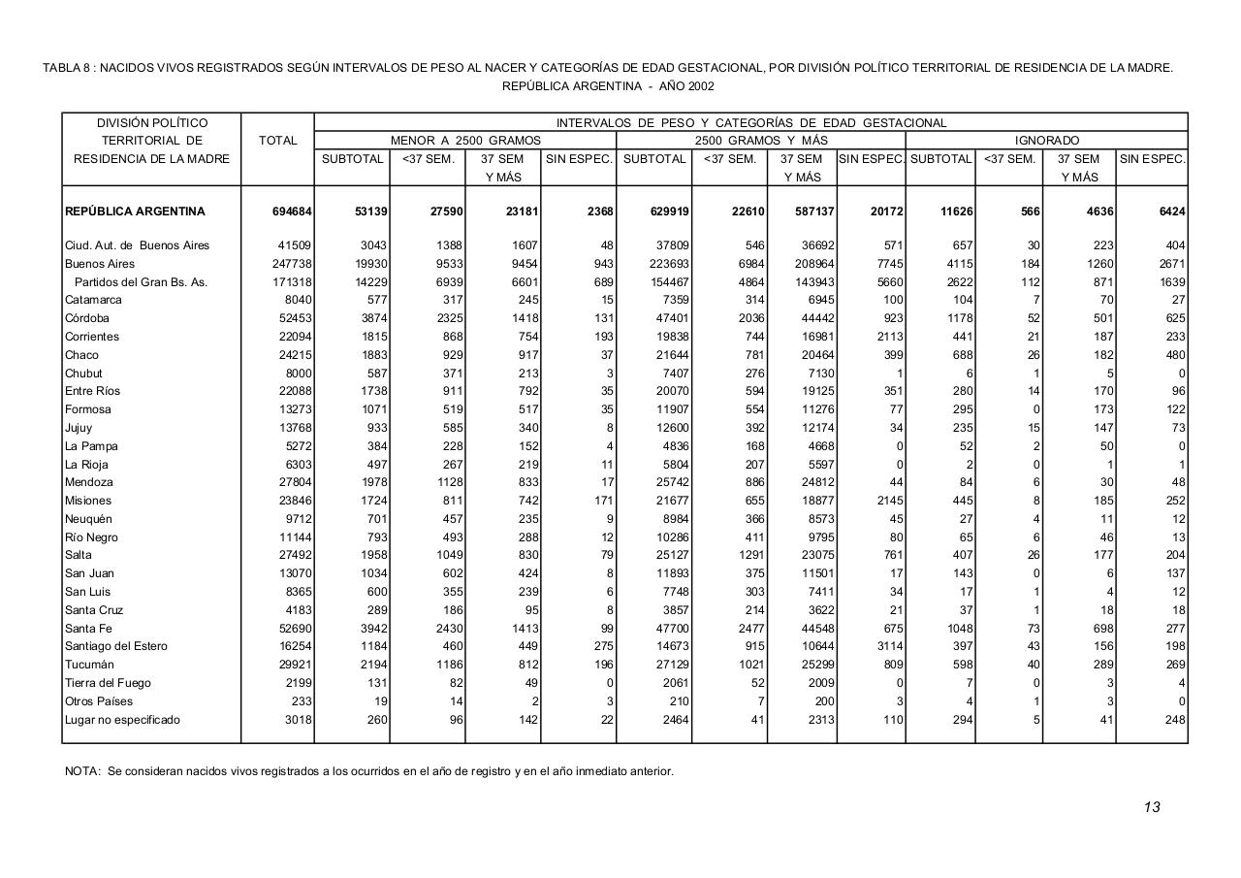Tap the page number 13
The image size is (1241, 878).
click(x=1151, y=807)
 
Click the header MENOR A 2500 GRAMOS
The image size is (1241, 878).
click(x=465, y=141)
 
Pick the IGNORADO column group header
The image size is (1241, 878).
click(x=1046, y=141)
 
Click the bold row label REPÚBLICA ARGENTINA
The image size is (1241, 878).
click(x=135, y=211)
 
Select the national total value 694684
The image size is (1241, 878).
click(x=292, y=211)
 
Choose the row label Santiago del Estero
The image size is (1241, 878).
click(x=116, y=646)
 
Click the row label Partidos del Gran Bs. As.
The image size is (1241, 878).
click(x=141, y=282)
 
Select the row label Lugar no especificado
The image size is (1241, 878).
click(x=122, y=720)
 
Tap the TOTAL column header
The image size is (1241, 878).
click(x=277, y=141)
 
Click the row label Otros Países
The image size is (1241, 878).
click(x=98, y=701)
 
